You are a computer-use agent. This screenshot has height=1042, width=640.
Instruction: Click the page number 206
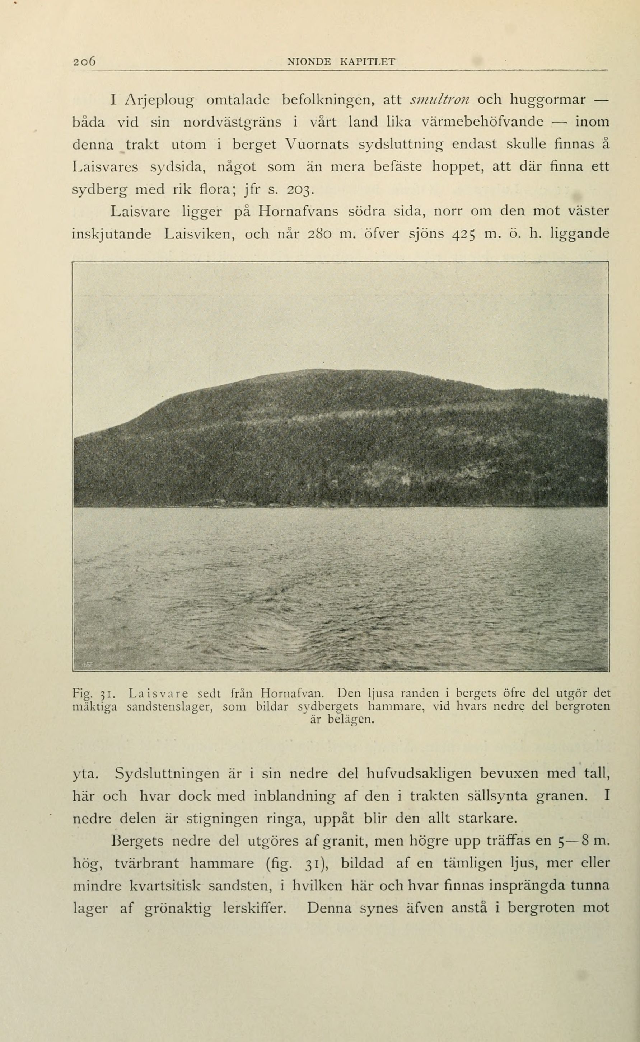click(x=85, y=61)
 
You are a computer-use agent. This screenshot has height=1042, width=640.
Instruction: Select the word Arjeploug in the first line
click(x=160, y=101)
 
